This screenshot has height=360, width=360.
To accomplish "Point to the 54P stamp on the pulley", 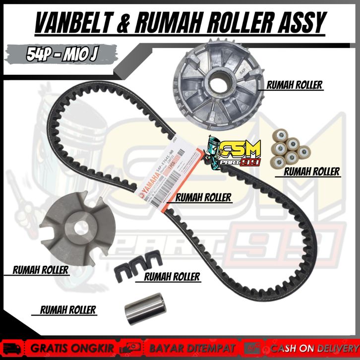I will pos(243,71).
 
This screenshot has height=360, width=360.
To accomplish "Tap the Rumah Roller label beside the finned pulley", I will pos(294,85).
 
